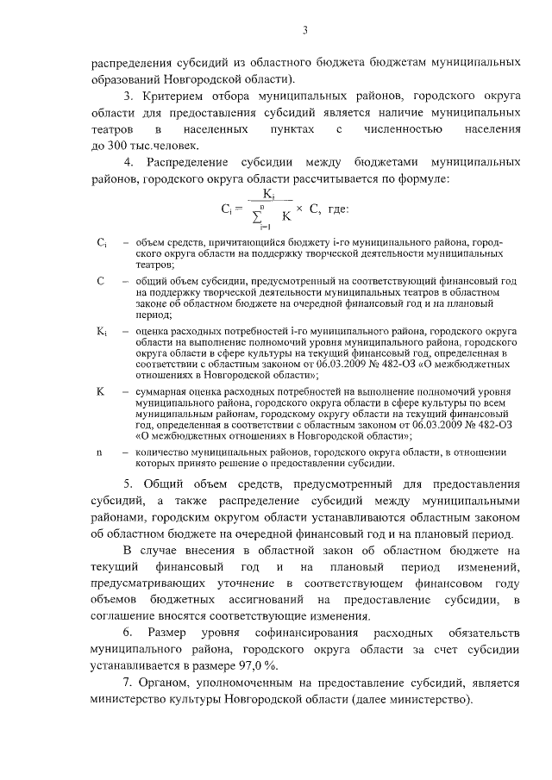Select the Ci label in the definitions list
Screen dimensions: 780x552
(101, 244)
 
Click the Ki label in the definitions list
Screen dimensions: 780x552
(101, 330)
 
